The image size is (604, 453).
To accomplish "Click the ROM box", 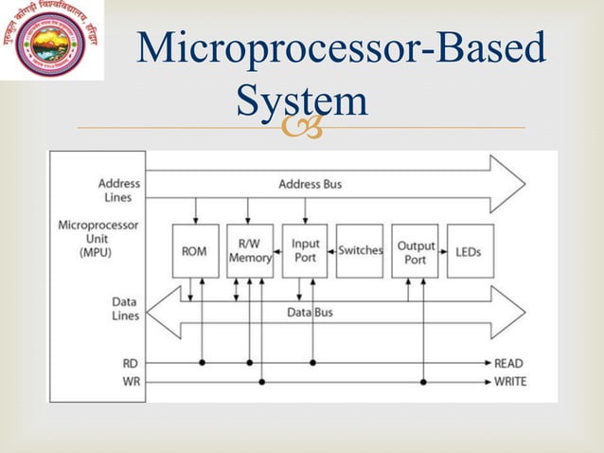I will (x=195, y=251).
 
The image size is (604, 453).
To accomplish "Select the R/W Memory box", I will (x=249, y=251).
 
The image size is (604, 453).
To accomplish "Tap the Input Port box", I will (x=305, y=251).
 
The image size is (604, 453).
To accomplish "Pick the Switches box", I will (x=360, y=251).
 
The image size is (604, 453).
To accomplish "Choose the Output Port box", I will (x=415, y=251).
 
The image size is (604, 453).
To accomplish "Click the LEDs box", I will (x=470, y=251).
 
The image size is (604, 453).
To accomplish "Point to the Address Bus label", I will (x=310, y=184).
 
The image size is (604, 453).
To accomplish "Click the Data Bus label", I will (x=310, y=312).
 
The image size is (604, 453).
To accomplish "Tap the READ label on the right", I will (x=510, y=363).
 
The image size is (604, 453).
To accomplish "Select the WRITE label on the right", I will (x=510, y=382).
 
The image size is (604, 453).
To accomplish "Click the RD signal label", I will (x=130, y=363).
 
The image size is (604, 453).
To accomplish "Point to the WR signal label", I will (x=130, y=382).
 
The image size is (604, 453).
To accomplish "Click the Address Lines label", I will (x=119, y=190).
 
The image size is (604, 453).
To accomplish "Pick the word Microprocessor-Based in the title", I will (x=340, y=50).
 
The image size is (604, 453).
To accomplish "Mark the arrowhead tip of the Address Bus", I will (x=524, y=183).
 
